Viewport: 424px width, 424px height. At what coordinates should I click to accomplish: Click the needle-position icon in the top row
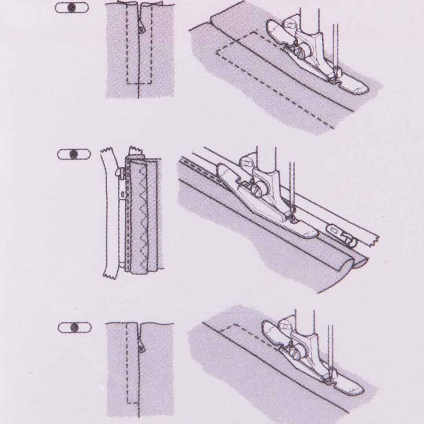[71, 8]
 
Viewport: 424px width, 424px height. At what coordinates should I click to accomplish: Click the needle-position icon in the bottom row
[74, 327]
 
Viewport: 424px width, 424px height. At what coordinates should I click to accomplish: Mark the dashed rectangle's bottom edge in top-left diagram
[140, 83]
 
